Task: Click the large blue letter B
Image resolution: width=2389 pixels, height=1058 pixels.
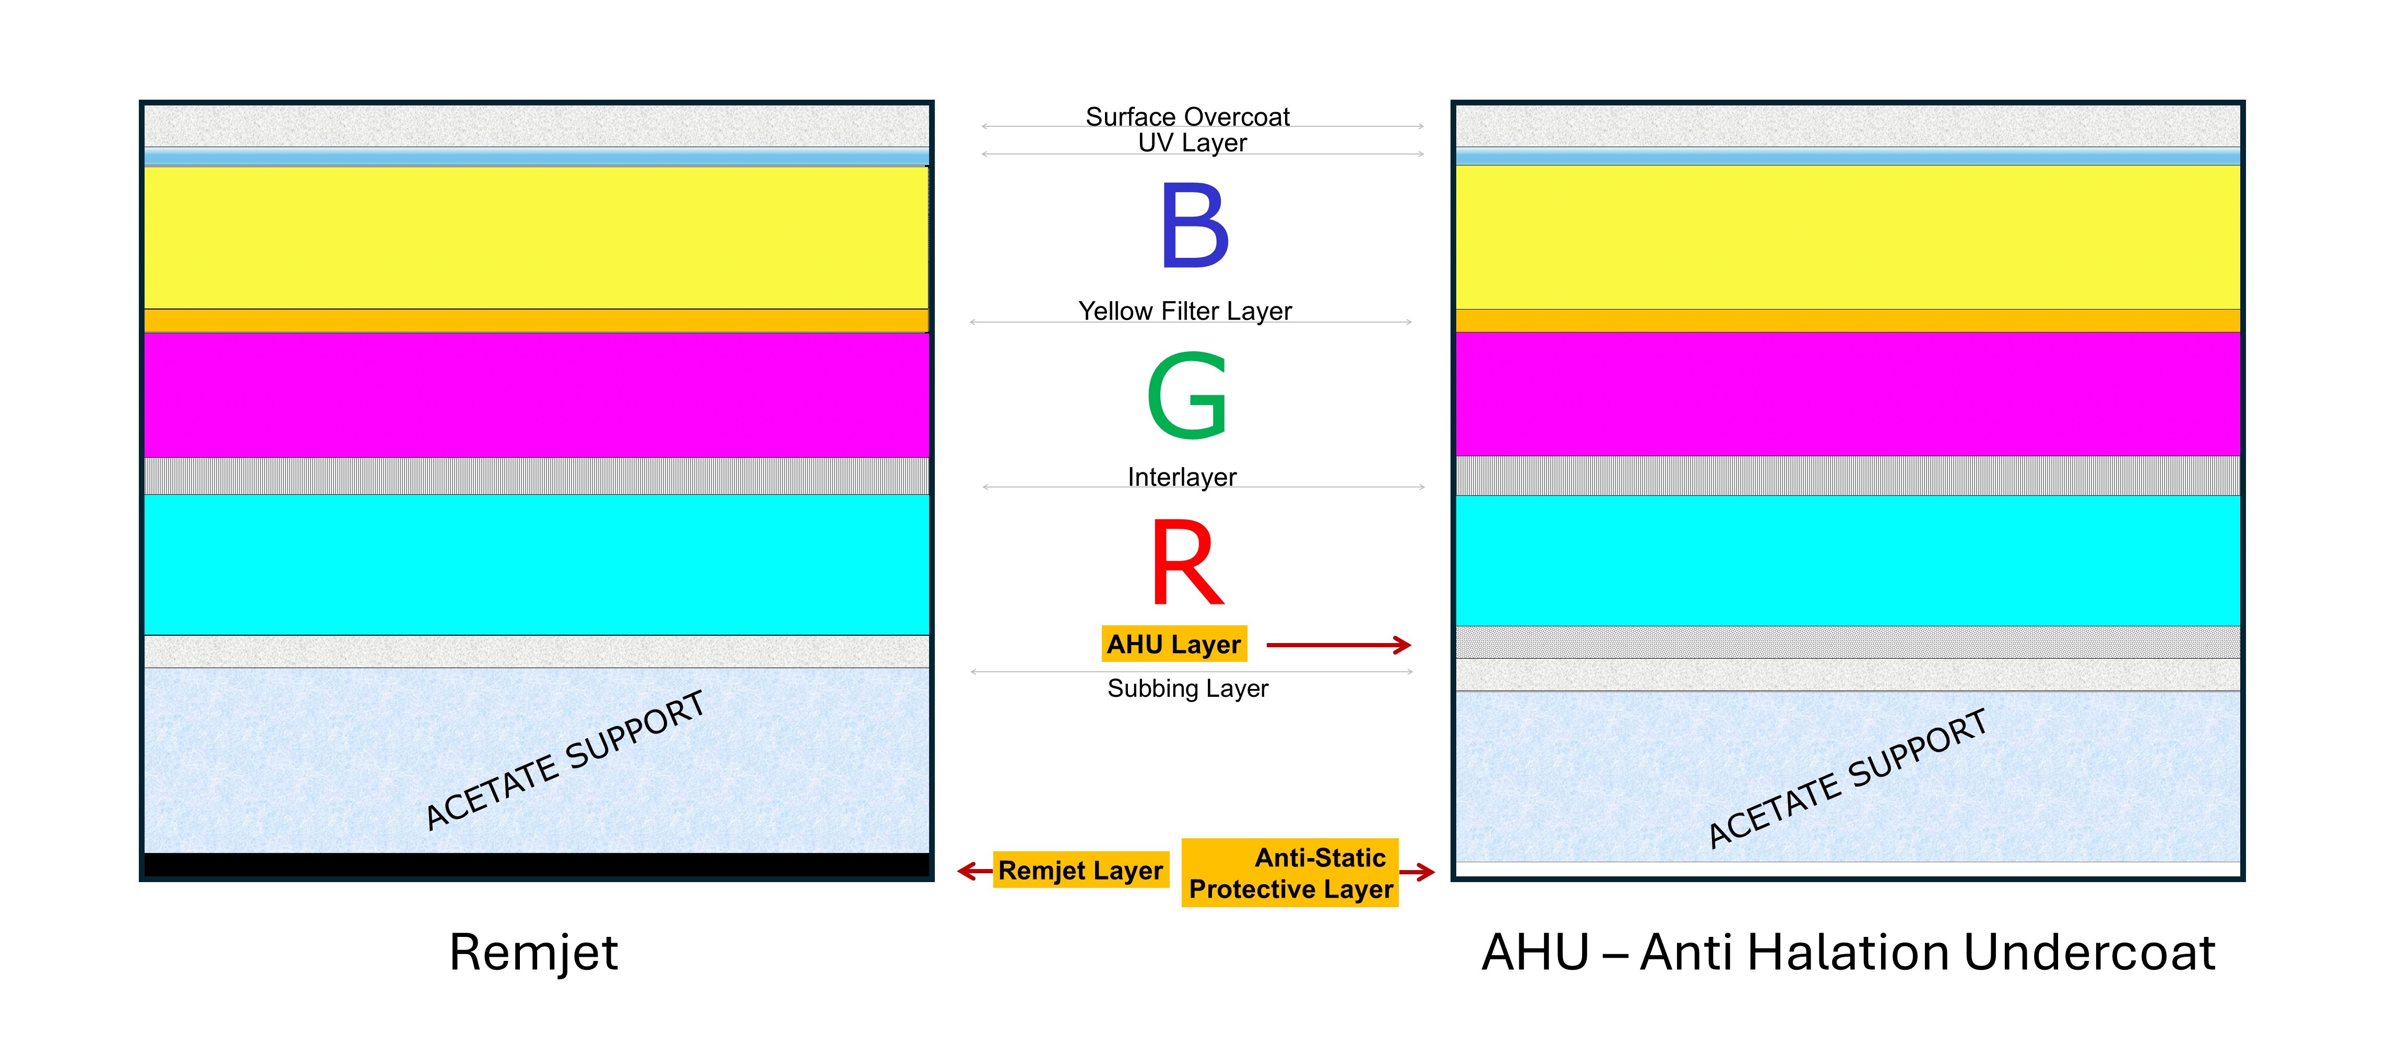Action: (1194, 225)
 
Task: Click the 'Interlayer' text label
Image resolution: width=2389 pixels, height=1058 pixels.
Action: (1182, 477)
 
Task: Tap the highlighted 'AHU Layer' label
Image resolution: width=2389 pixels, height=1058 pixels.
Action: (1173, 644)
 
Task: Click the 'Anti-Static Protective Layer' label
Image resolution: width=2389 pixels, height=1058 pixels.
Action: (1290, 873)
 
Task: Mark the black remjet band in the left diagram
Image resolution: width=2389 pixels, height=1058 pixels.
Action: (536, 864)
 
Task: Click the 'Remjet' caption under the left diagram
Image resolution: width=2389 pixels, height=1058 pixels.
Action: (533, 952)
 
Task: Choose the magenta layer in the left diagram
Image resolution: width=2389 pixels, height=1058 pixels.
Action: (536, 394)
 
